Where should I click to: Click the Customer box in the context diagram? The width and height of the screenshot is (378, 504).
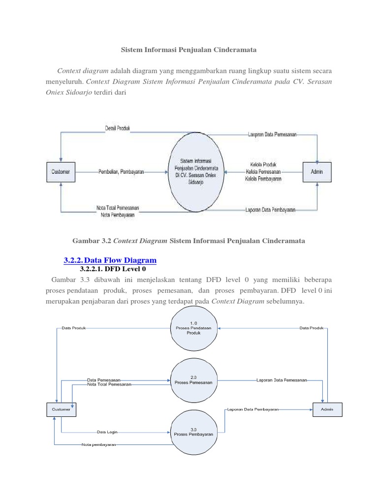click(61, 172)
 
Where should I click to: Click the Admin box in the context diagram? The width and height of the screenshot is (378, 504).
click(317, 172)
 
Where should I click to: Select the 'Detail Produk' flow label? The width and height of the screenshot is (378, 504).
click(118, 128)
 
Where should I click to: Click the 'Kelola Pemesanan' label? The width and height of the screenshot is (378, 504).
click(263, 172)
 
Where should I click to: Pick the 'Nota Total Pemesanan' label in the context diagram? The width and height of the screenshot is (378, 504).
click(118, 208)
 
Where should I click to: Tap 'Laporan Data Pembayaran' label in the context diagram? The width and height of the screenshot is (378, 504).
click(270, 210)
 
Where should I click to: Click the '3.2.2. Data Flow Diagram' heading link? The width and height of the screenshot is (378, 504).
click(110, 260)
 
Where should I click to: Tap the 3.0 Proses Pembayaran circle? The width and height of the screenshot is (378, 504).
click(193, 433)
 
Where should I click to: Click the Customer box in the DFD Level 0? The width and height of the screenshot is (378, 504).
click(61, 409)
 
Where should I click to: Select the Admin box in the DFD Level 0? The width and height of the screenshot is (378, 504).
click(327, 409)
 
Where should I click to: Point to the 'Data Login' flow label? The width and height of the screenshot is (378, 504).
click(107, 433)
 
